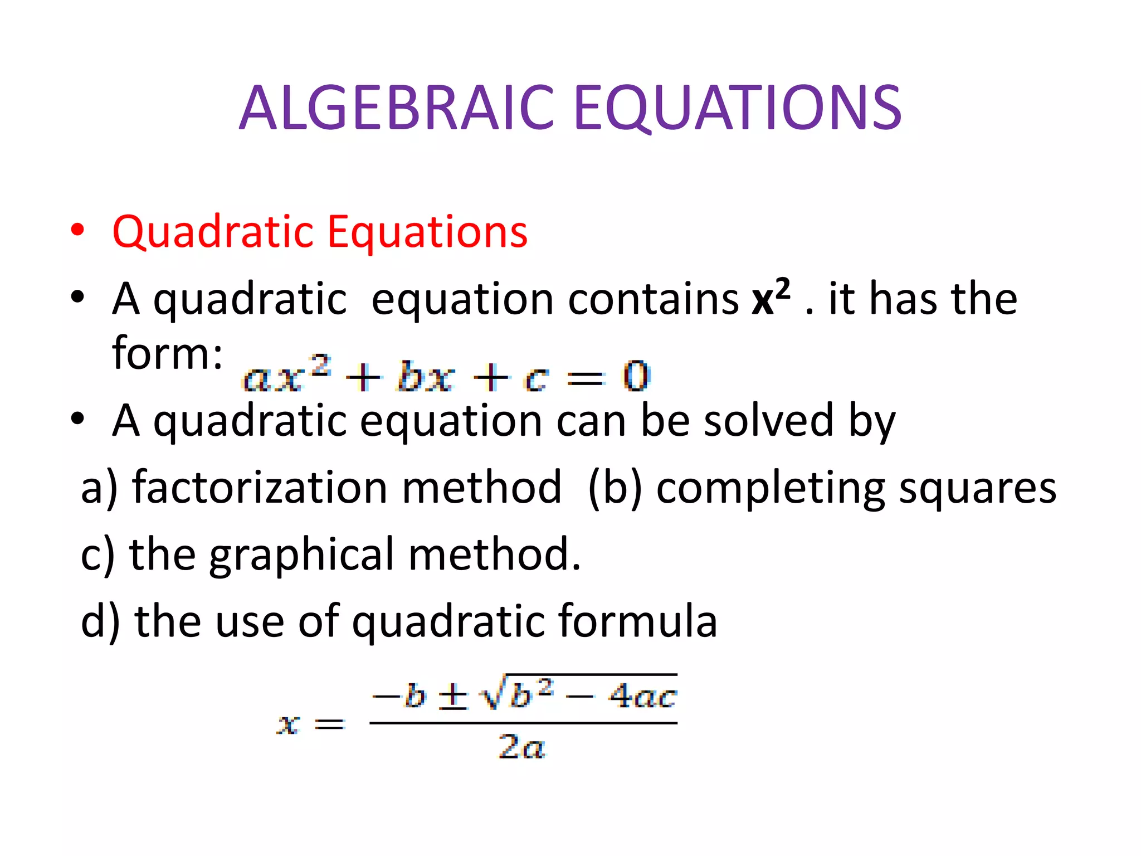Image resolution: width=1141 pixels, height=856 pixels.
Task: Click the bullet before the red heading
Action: (x=77, y=230)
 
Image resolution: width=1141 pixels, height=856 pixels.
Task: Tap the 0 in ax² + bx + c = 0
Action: (x=636, y=376)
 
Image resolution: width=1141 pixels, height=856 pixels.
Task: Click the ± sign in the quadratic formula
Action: (x=454, y=697)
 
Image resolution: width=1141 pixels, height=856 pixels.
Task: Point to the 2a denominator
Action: (x=521, y=747)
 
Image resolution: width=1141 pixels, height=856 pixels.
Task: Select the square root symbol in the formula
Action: (x=493, y=694)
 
